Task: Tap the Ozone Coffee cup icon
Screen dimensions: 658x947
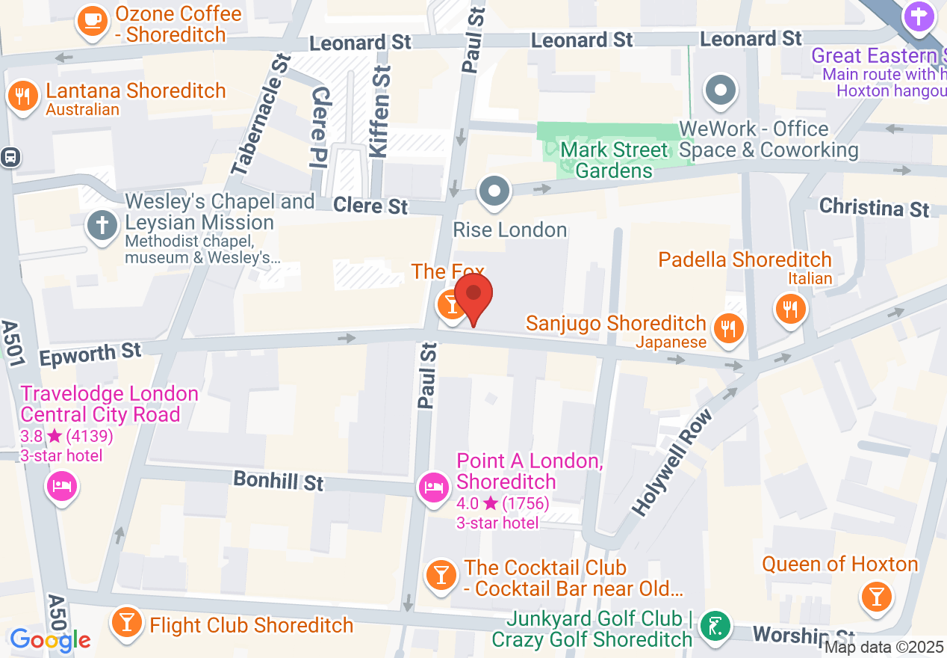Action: click(x=93, y=20)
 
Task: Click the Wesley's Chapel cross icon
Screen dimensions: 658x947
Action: click(x=102, y=225)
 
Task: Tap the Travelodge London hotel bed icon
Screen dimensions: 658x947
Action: click(x=62, y=487)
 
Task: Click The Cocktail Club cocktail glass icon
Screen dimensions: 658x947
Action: click(x=441, y=574)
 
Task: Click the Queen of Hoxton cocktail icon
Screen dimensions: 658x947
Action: click(x=876, y=596)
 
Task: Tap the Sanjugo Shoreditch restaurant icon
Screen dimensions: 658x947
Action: click(x=727, y=328)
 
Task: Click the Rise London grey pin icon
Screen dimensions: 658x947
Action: click(x=494, y=191)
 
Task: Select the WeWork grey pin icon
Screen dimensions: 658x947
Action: click(x=721, y=90)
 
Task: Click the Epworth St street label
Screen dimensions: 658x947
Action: click(x=90, y=354)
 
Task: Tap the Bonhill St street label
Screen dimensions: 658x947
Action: click(x=279, y=481)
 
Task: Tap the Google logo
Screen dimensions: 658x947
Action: click(x=50, y=639)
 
